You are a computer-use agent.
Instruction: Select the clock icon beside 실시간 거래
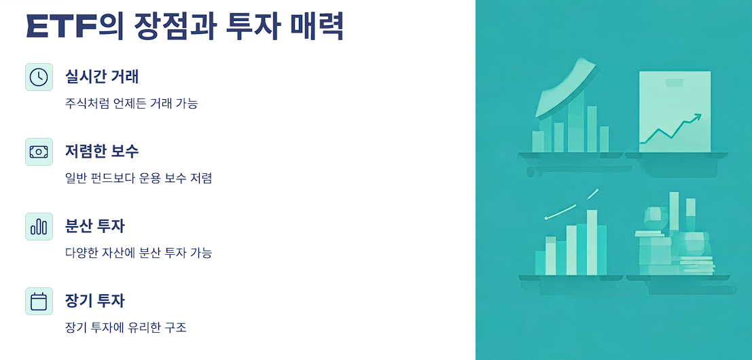click(39, 77)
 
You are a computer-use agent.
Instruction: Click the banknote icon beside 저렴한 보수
click(39, 151)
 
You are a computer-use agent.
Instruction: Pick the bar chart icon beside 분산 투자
click(39, 226)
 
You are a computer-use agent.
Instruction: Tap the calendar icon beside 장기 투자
click(39, 301)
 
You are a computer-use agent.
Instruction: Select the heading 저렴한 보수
click(102, 151)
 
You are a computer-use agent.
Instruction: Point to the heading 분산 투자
click(95, 226)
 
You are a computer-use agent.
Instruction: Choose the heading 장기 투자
click(95, 301)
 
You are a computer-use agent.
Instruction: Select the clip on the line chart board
click(675, 83)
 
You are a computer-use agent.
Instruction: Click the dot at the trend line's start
click(546, 218)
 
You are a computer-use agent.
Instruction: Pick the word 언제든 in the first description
click(133, 104)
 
